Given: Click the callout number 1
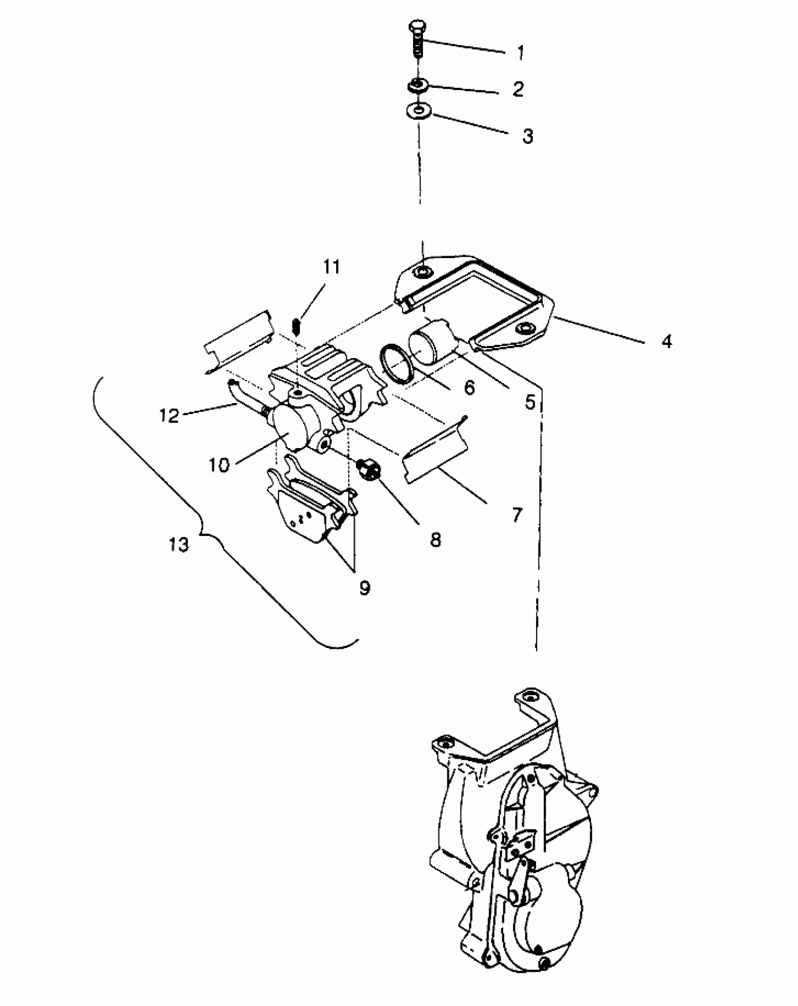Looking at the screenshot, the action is [x=520, y=53].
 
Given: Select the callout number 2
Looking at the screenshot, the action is [x=518, y=89].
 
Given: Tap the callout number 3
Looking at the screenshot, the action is [x=528, y=136].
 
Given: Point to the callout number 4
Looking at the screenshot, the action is [x=667, y=341].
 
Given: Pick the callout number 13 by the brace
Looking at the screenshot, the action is [x=179, y=545].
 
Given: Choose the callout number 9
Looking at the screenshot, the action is [x=365, y=587].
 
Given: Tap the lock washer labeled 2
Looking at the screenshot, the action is [x=417, y=85].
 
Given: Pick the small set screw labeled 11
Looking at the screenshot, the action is [x=296, y=326].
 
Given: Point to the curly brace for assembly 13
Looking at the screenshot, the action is [x=202, y=533].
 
